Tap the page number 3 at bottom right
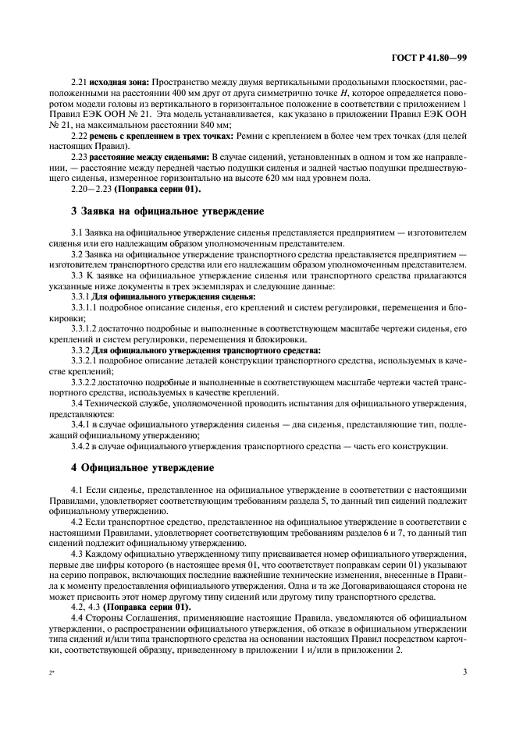(464, 671)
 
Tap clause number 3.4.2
(80, 445)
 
